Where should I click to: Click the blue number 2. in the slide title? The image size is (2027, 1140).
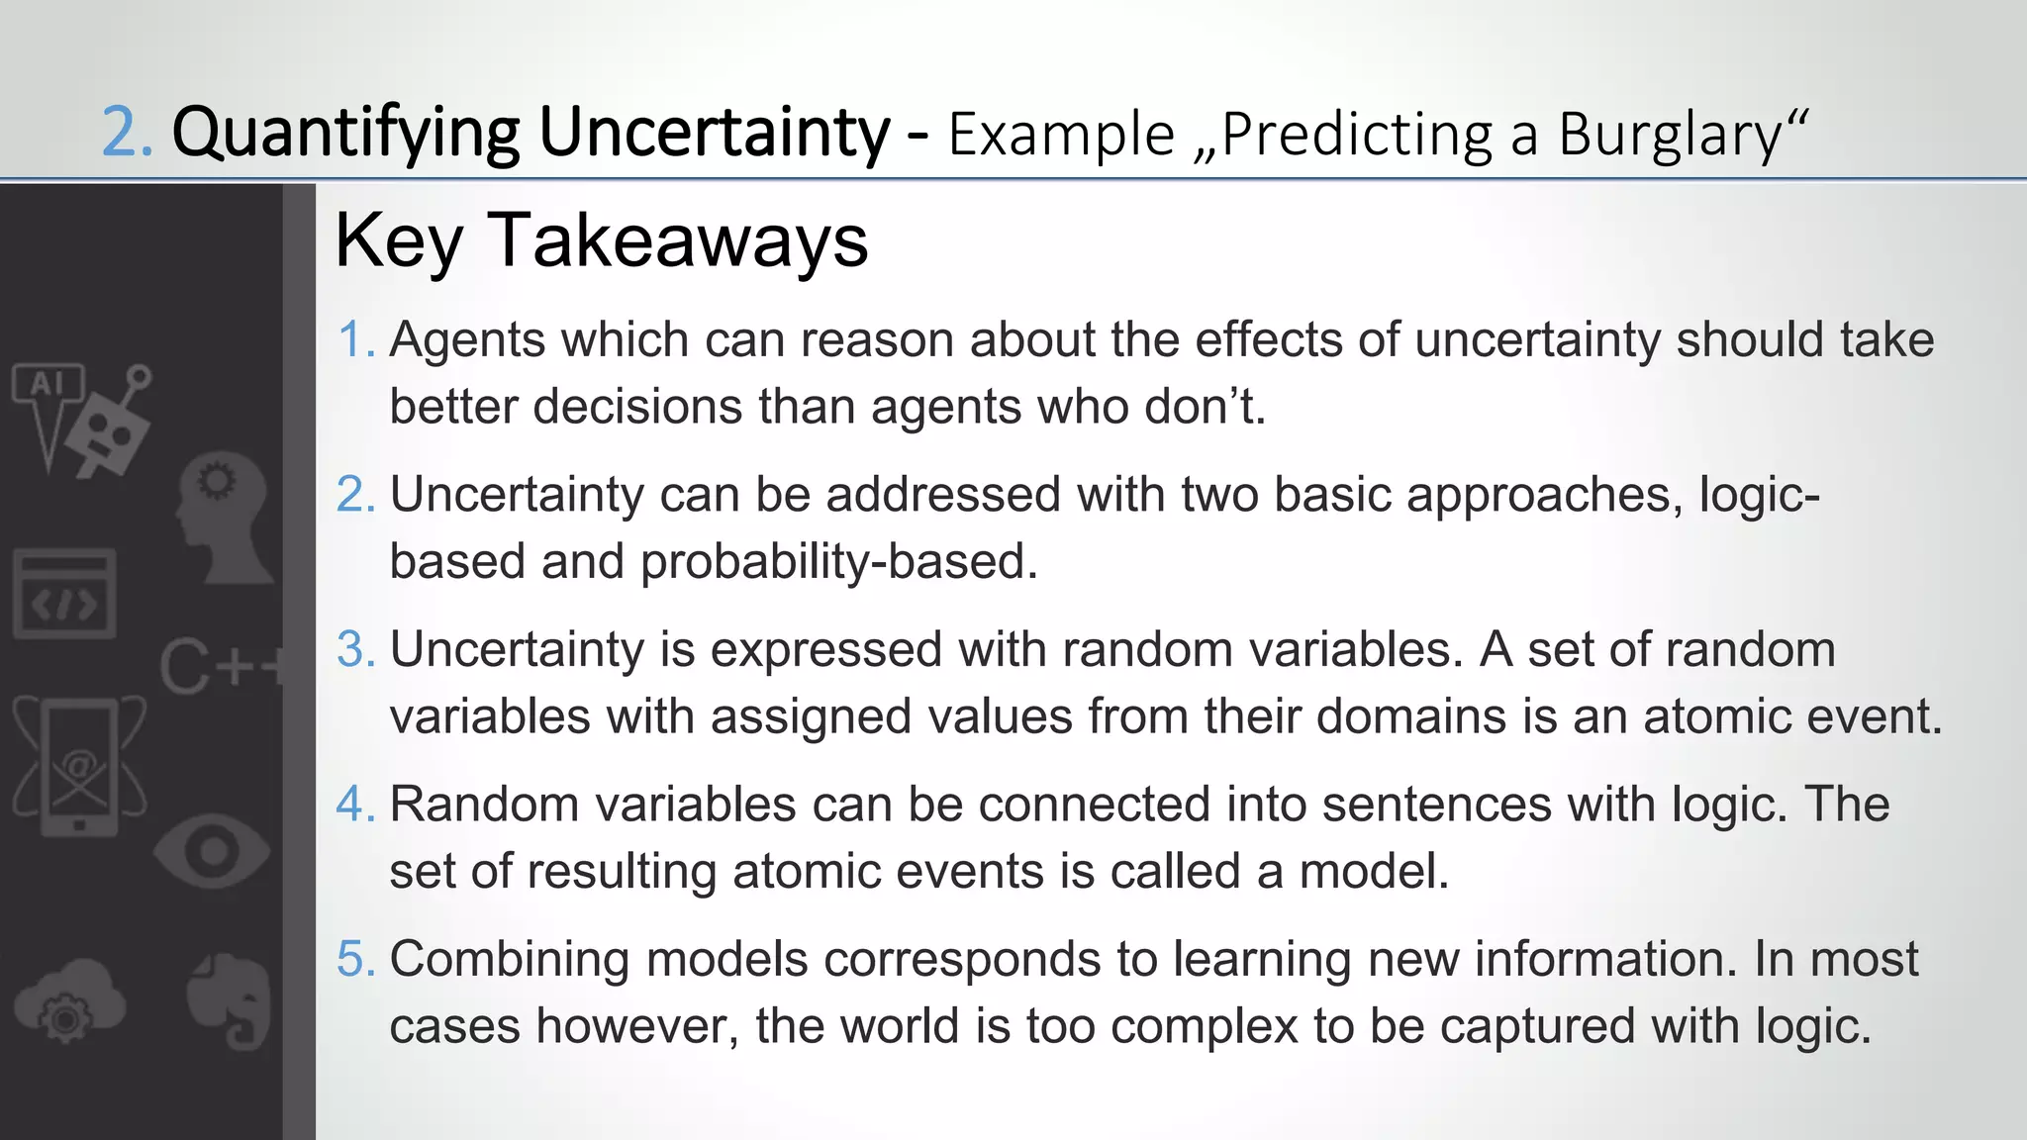(128, 133)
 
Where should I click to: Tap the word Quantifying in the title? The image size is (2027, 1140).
(345, 133)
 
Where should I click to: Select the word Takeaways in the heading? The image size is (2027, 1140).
(677, 240)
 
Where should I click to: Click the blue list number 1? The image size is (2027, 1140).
(356, 340)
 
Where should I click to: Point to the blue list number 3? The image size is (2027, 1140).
(356, 650)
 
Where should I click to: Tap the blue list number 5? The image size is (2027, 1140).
(356, 960)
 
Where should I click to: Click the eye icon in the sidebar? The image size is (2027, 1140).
(212, 852)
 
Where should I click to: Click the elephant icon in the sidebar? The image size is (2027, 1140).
(232, 999)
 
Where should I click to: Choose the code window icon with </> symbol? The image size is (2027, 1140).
(64, 595)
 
